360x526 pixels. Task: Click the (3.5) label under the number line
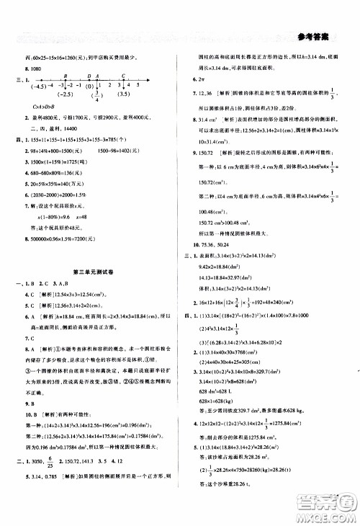coord(126,94)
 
